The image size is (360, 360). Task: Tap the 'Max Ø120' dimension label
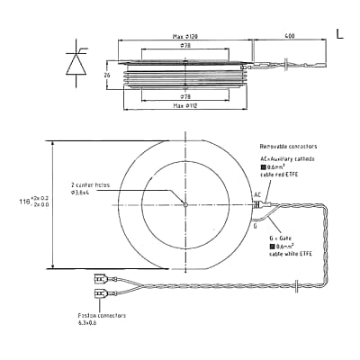pyautogui.click(x=185, y=36)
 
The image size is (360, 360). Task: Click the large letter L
pyautogui.click(x=339, y=33)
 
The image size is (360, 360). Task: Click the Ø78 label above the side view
pyautogui.click(x=184, y=45)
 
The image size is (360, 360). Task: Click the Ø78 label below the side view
pyautogui.click(x=184, y=96)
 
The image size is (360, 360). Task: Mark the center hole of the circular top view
pyautogui.click(x=184, y=204)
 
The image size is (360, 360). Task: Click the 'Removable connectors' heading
pyautogui.click(x=288, y=146)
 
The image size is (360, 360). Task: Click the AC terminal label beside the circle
pyautogui.click(x=256, y=194)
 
